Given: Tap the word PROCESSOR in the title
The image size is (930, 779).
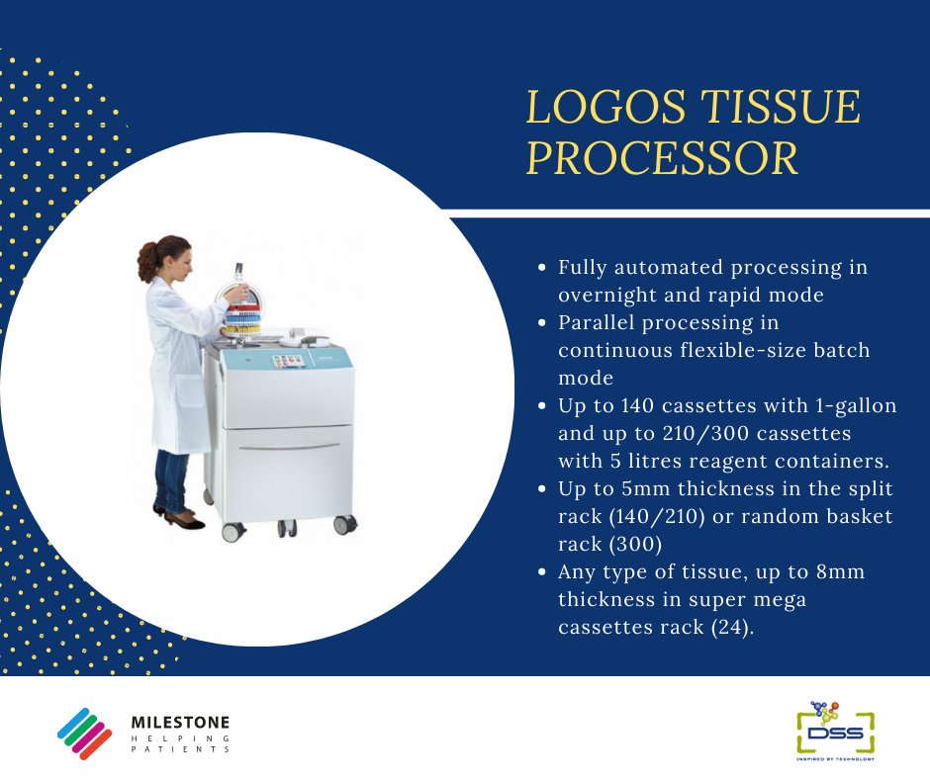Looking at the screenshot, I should [x=662, y=159].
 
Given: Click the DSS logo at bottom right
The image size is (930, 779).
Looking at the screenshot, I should [x=836, y=731].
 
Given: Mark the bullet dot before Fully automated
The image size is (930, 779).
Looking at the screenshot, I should [x=541, y=268].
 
